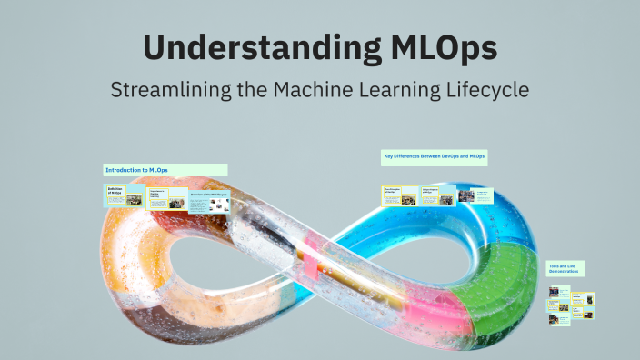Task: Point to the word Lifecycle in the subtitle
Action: pos(485,90)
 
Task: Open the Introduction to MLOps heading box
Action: pos(165,170)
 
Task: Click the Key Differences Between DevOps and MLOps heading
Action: pos(434,157)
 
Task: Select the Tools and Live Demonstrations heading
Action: pos(565,268)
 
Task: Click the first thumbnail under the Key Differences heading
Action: pos(400,195)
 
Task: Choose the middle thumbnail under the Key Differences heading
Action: pos(437,195)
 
